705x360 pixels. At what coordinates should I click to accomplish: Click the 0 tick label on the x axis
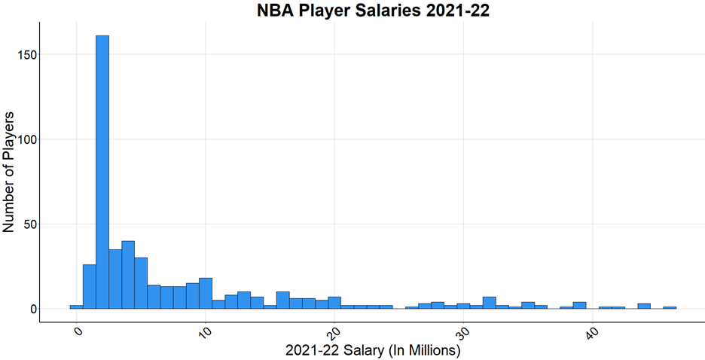point(78,334)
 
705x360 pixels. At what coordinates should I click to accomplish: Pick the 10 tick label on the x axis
point(205,335)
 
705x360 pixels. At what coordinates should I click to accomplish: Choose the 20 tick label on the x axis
point(334,335)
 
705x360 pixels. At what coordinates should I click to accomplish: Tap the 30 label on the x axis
point(462,335)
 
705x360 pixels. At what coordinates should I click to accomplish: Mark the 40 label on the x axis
point(591,335)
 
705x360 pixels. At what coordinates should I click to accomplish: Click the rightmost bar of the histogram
point(670,307)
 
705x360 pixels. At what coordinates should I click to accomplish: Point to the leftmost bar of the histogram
point(76,307)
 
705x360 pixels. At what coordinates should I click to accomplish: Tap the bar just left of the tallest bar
point(90,287)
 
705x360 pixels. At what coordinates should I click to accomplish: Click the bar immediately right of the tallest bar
point(115,279)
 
